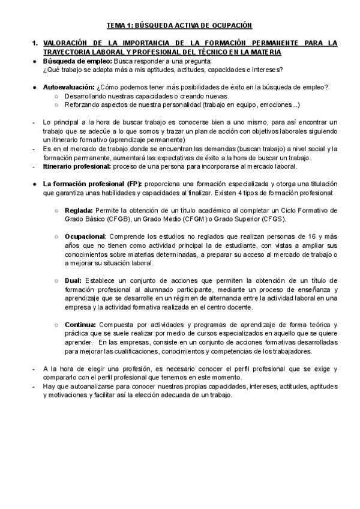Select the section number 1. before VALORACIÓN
point(35,43)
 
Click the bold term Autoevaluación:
point(68,88)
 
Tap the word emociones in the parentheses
point(277,105)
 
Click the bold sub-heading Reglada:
point(78,211)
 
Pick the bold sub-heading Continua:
point(81,324)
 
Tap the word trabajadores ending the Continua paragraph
point(290,351)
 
